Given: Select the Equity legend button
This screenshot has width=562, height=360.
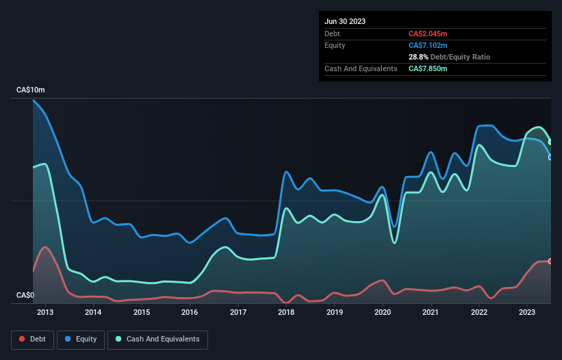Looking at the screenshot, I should click(x=81, y=339).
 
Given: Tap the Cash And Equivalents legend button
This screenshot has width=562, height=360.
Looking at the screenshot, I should click(x=157, y=339).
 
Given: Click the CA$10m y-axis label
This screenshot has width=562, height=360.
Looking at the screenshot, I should click(x=30, y=90).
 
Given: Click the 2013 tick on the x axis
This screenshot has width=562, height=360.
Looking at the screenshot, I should click(x=45, y=313).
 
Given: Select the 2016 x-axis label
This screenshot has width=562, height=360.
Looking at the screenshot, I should click(x=190, y=313).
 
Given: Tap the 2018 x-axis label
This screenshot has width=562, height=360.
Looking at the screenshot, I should click(x=286, y=313).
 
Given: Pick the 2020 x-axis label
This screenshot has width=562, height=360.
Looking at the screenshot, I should click(x=383, y=313).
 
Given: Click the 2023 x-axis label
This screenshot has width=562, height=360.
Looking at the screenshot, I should click(x=527, y=313).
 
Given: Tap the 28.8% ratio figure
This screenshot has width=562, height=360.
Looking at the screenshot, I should click(x=418, y=57).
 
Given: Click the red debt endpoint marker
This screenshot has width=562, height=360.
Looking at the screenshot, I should click(x=550, y=261).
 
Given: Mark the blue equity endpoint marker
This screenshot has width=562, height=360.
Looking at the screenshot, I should click(x=550, y=157).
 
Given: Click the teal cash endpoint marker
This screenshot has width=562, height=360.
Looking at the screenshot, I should click(x=550, y=142).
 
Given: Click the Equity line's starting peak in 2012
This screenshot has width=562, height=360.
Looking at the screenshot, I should click(x=34, y=101).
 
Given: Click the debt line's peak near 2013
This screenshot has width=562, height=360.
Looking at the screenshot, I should click(x=45, y=247).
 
